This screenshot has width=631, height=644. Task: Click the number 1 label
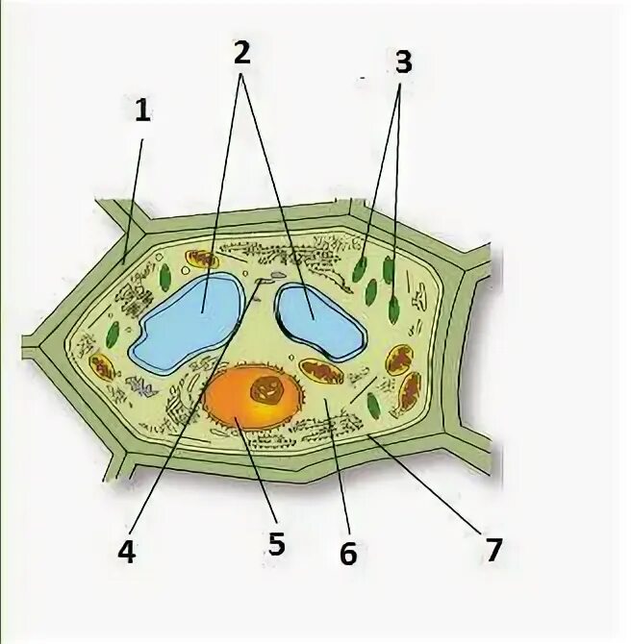point(142,111)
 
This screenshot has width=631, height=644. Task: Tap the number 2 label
point(241,53)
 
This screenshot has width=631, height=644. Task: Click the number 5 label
point(276,545)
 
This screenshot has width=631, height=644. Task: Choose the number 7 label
point(492,550)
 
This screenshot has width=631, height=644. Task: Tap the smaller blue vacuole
point(319,319)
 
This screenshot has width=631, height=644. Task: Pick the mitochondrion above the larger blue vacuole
point(202,259)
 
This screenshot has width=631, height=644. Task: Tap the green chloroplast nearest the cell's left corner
point(114,335)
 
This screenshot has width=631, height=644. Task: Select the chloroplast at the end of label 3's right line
point(393,310)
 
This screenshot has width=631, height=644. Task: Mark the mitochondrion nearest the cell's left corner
point(102,366)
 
